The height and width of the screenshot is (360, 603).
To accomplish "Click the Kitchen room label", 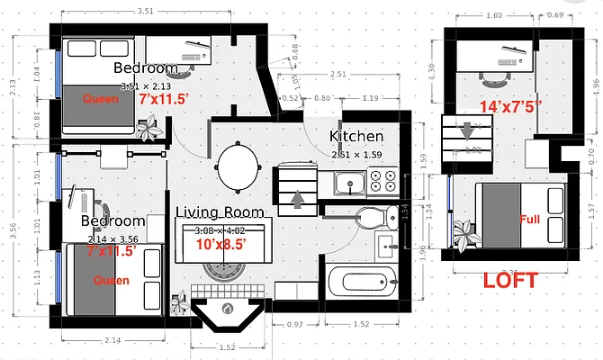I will coord(356,137).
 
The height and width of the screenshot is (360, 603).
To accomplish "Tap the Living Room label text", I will coord(220,213).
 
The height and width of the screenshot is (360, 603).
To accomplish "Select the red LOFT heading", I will coord(509,280).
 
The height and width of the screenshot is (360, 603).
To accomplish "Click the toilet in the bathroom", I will coord(370,217).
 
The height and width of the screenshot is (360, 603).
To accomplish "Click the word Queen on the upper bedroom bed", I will coord(100,99).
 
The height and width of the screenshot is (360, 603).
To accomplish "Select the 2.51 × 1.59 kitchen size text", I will coord(356,154).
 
